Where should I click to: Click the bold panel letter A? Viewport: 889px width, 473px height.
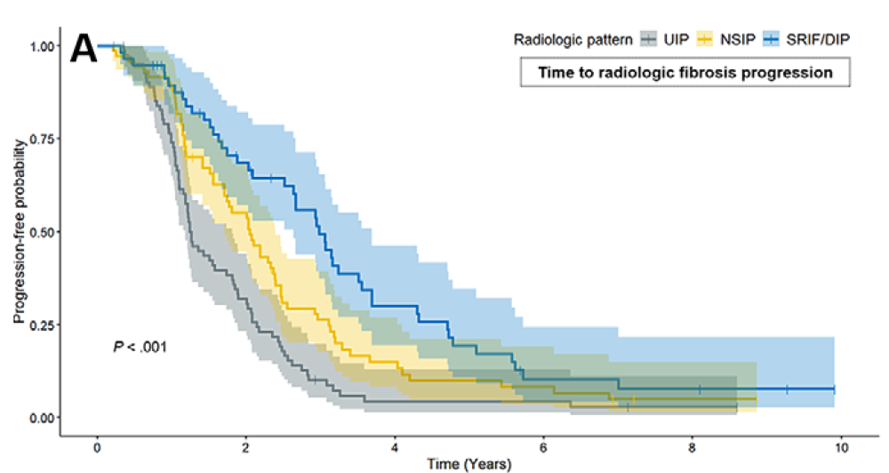pos(83,50)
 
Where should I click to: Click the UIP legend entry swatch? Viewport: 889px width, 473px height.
pos(649,38)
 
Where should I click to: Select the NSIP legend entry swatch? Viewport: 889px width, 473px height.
pos(707,38)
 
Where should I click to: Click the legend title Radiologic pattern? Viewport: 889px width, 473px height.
pos(573,38)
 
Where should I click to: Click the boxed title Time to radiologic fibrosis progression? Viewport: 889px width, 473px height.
pos(685,72)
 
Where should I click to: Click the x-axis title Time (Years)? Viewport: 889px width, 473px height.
pos(469,463)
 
